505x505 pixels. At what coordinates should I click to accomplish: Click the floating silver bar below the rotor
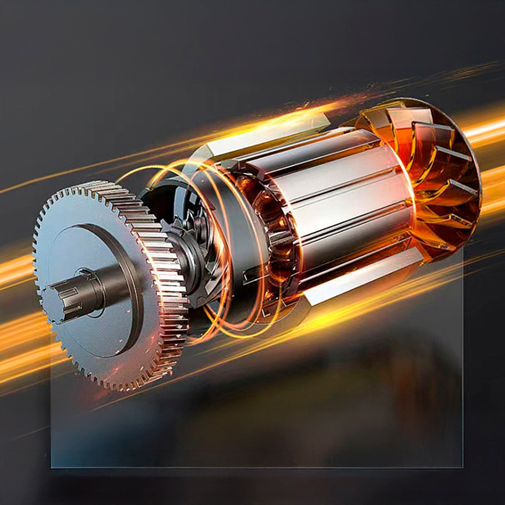(x=364, y=276)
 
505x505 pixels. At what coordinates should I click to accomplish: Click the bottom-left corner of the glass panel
(x=52, y=467)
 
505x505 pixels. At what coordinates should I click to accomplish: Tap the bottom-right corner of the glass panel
(x=462, y=467)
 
